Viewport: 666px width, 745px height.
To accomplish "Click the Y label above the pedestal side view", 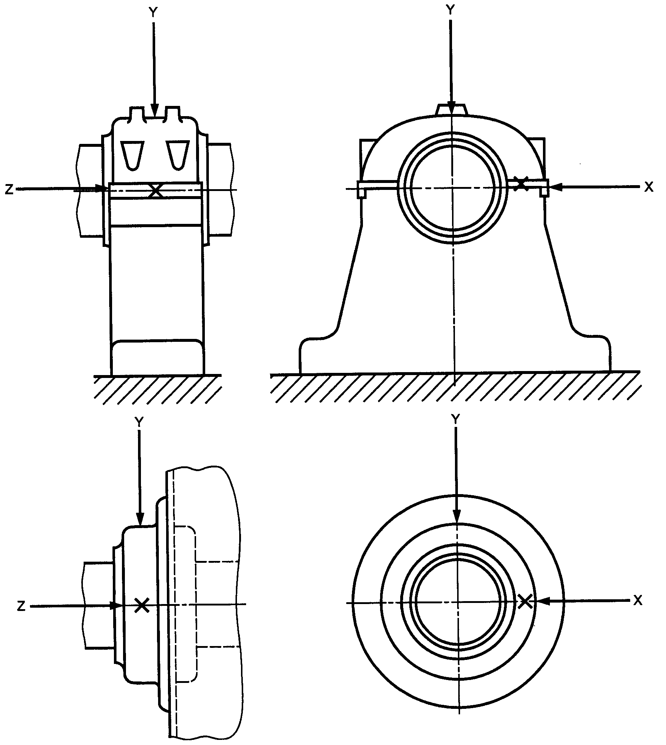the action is click(x=153, y=12).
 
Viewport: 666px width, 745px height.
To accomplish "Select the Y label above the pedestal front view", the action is click(x=451, y=10).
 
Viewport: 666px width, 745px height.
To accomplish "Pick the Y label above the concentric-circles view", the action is click(x=456, y=418).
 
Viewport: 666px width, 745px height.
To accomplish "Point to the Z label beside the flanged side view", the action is click(x=22, y=606).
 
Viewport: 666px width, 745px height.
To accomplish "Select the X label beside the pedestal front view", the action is click(x=649, y=187).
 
